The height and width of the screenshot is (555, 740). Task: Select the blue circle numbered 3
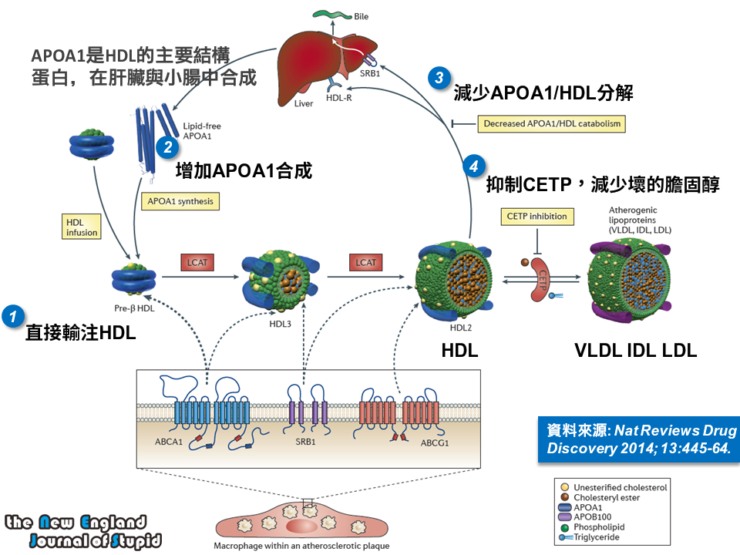point(439,77)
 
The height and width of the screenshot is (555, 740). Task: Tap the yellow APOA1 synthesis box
point(181,202)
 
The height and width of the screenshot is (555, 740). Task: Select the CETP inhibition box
point(537,217)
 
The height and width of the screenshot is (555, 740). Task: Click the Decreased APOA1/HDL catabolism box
point(550,123)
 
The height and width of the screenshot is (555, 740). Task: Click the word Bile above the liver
point(363,15)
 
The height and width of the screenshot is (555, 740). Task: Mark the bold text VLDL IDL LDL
point(635,350)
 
